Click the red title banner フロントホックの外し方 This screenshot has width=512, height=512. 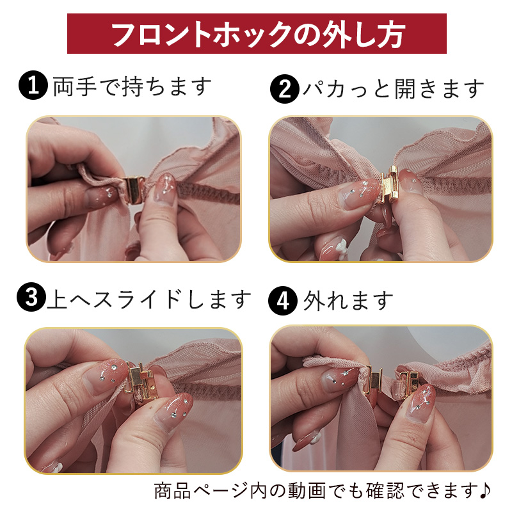pyautogui.click(x=257, y=33)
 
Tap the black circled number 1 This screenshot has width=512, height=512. pyautogui.click(x=33, y=85)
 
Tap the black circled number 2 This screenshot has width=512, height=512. pyautogui.click(x=285, y=88)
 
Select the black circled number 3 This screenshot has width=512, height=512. pyautogui.click(x=31, y=297)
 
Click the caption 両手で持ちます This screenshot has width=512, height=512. pyautogui.click(x=132, y=86)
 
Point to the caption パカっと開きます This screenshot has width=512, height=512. pyautogui.click(x=394, y=89)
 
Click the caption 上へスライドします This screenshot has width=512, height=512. pyautogui.click(x=149, y=298)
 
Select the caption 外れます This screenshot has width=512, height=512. pyautogui.click(x=348, y=301)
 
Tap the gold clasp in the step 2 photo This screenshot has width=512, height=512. pyautogui.click(x=390, y=184)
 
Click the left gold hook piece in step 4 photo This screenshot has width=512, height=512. pyautogui.click(x=375, y=379)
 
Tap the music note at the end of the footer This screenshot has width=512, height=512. pyautogui.click(x=485, y=490)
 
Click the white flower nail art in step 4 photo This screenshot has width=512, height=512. pyautogui.click(x=316, y=436)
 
